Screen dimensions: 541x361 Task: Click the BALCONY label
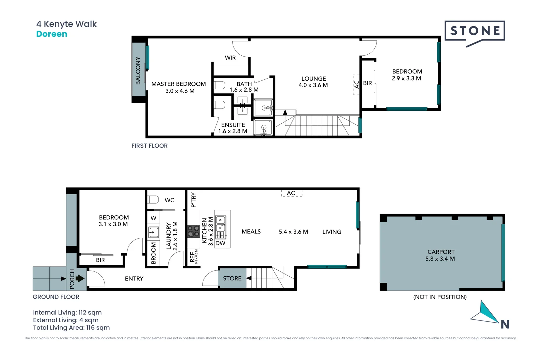point(138,71)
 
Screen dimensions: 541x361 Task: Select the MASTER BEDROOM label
point(178,84)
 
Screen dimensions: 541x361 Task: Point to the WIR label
point(230,58)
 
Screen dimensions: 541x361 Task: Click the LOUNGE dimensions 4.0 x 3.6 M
point(313,85)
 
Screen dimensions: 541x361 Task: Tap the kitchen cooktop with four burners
point(194,231)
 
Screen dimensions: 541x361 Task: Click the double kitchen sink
point(220,224)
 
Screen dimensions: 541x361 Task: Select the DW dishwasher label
point(220,243)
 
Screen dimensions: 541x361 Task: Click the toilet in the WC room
point(153,200)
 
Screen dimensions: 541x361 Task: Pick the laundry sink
point(153,233)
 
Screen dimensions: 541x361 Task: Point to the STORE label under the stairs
point(232,278)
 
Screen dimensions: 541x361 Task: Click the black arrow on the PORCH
point(80,278)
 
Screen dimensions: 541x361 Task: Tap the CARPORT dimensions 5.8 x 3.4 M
point(440,259)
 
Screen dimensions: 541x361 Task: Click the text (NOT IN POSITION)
point(440,297)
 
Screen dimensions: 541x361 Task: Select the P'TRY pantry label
point(193,200)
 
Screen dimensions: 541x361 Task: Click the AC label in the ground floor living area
point(291,193)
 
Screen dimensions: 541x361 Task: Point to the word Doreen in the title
point(52,34)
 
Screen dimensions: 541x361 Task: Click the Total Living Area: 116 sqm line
point(71,328)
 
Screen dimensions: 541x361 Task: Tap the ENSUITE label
point(233,125)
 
